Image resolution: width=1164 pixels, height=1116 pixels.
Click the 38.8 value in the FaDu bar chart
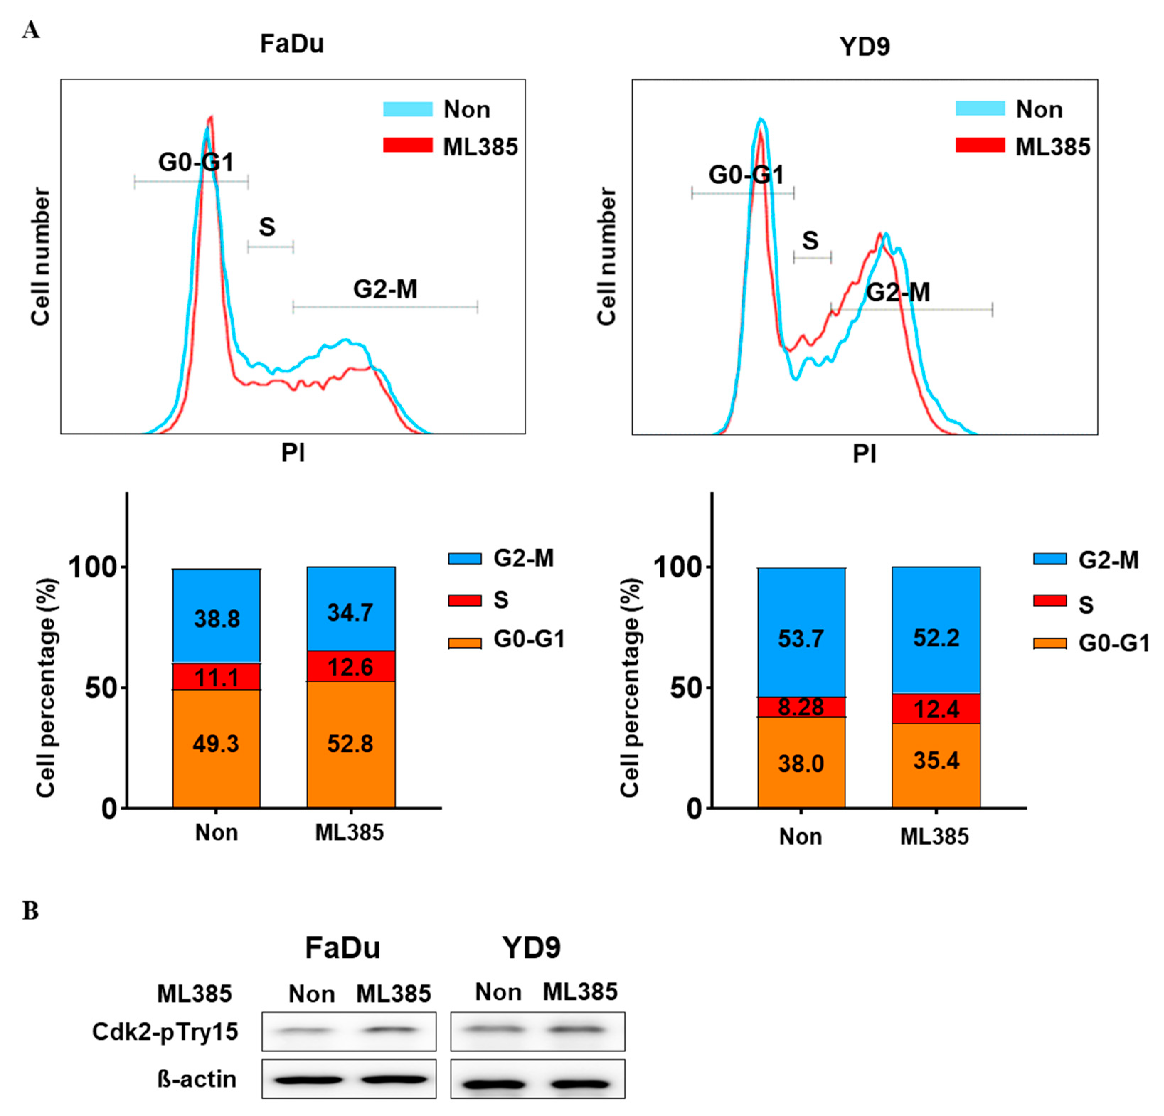coord(217,619)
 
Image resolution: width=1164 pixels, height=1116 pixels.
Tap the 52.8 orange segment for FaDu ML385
coord(350,744)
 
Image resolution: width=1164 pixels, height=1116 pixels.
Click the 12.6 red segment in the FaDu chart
coord(350,666)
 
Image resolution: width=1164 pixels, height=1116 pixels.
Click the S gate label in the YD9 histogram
coord(810,240)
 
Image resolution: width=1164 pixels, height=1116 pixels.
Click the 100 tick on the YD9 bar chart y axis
coord(677,567)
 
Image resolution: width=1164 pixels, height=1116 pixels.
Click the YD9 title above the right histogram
coord(865,46)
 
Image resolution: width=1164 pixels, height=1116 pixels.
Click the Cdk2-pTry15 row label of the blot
coord(165,1032)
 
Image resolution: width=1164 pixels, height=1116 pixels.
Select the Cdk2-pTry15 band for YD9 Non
coord(498,1029)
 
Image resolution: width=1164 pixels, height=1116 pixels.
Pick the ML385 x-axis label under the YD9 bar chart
coord(934,836)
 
